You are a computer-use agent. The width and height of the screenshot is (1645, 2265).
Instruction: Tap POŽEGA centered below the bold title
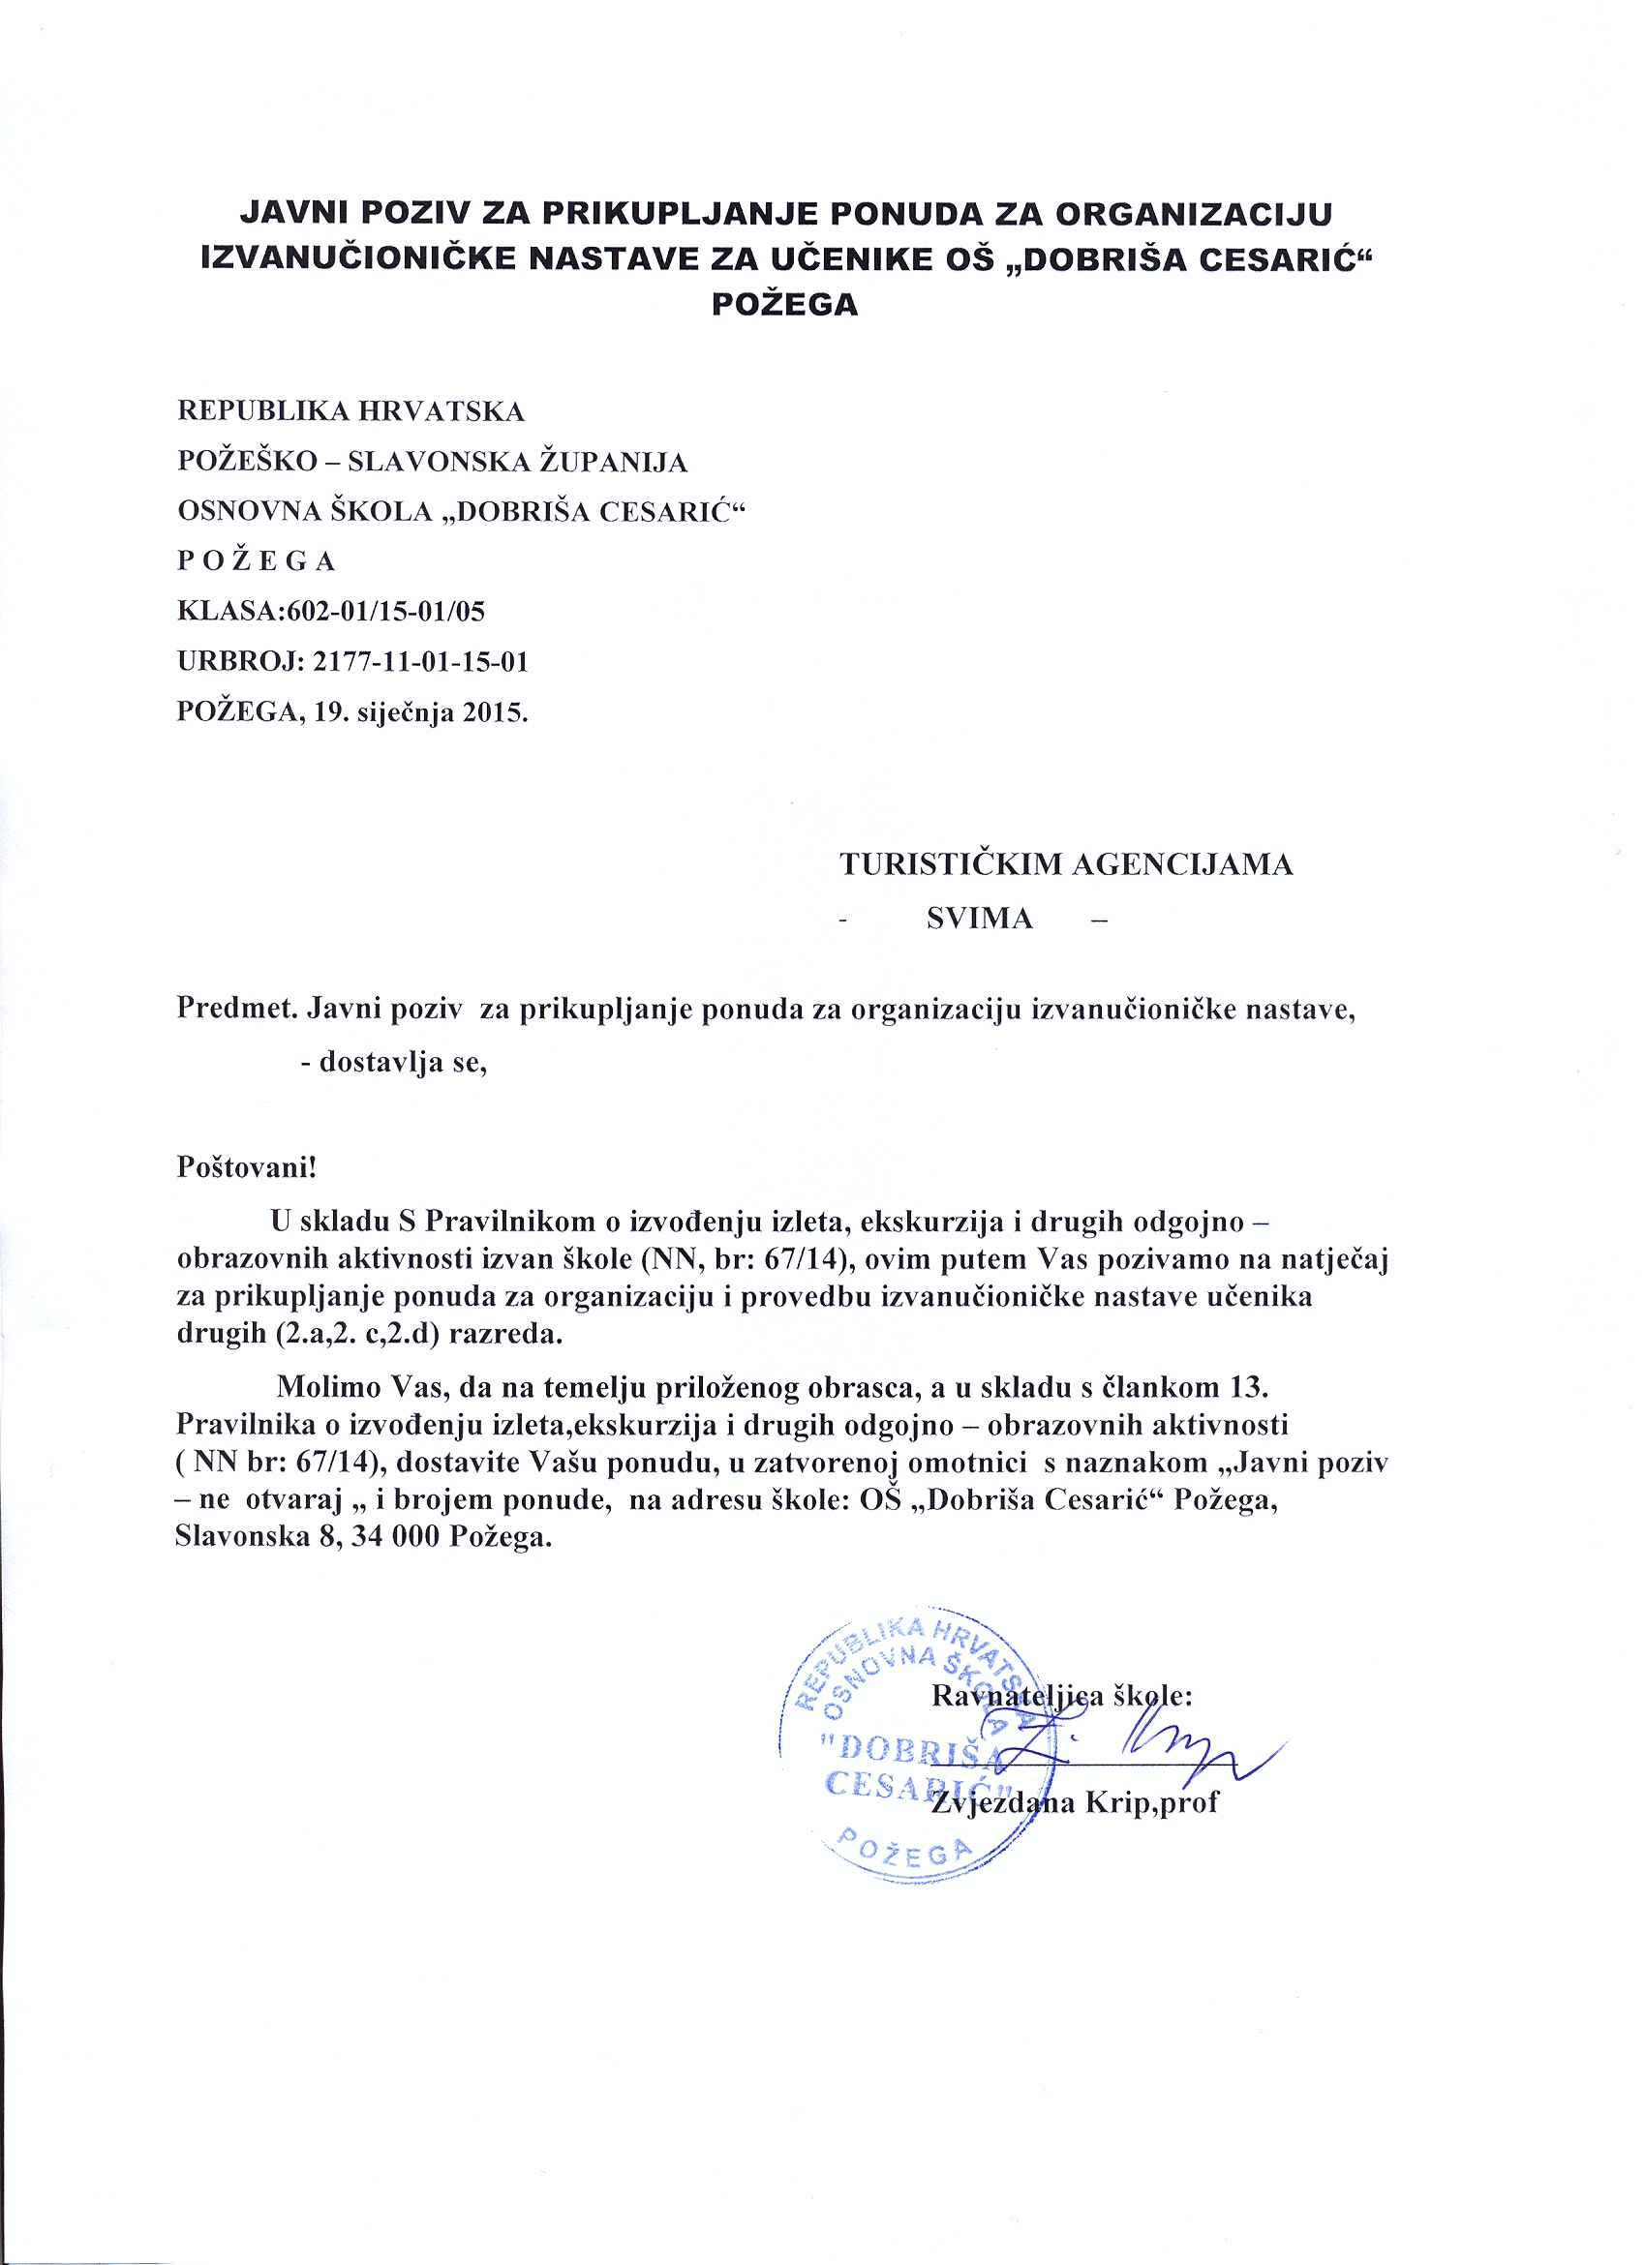(784, 304)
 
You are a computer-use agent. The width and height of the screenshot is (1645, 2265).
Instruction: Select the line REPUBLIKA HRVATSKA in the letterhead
(350, 411)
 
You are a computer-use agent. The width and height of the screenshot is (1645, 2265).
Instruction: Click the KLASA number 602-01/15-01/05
(385, 611)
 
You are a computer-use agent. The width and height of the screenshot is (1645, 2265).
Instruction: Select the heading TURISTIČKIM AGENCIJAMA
(1066, 863)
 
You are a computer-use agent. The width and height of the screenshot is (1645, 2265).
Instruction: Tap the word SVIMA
(979, 919)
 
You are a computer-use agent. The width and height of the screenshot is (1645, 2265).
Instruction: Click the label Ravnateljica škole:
(1062, 1696)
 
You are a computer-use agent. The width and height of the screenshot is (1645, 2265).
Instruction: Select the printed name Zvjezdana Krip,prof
(1074, 1801)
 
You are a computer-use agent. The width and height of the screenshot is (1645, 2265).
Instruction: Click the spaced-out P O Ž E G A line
(256, 561)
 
